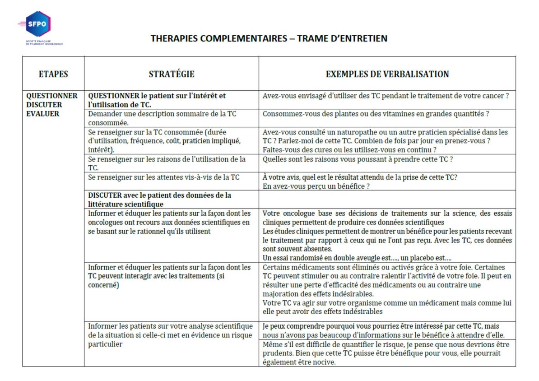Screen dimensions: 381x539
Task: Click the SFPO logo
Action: pos(36,25)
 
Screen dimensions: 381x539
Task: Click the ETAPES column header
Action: pos(53,74)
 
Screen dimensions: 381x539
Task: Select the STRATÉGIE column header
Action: pos(172,74)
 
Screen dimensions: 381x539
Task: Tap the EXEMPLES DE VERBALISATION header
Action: pos(387,74)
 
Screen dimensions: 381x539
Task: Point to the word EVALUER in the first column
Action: pos(43,114)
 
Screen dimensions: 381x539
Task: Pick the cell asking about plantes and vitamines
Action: pos(376,114)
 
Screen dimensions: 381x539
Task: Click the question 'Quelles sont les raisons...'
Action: pos(358,159)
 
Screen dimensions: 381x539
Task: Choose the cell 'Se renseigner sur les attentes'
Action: pos(164,177)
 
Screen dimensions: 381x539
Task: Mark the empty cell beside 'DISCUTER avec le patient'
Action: pos(387,199)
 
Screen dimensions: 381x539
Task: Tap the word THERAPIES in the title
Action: pos(174,38)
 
